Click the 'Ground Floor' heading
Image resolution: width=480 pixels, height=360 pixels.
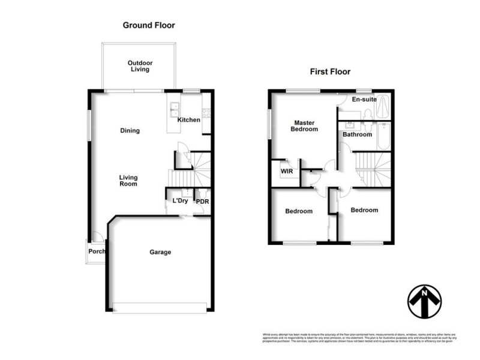[x=149, y=25]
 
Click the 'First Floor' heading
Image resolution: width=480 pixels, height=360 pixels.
[x=329, y=71]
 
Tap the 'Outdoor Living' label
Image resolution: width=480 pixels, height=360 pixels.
[x=140, y=66]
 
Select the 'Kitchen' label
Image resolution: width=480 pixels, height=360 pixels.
[x=189, y=120]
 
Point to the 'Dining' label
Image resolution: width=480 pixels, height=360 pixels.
[x=130, y=131]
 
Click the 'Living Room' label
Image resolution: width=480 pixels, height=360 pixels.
[x=128, y=180]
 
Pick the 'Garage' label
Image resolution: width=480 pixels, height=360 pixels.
[x=160, y=252]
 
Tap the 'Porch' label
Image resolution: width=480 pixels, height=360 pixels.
[x=97, y=251]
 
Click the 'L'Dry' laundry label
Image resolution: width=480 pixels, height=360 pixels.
[x=180, y=201]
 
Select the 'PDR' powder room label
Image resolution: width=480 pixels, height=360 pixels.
[x=202, y=202]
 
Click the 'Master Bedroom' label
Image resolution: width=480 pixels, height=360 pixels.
[x=304, y=125]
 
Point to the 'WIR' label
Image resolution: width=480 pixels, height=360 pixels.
[x=286, y=170]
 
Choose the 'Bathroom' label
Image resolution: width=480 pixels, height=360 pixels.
[x=357, y=135]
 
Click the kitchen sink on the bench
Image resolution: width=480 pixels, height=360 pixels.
[x=175, y=108]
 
